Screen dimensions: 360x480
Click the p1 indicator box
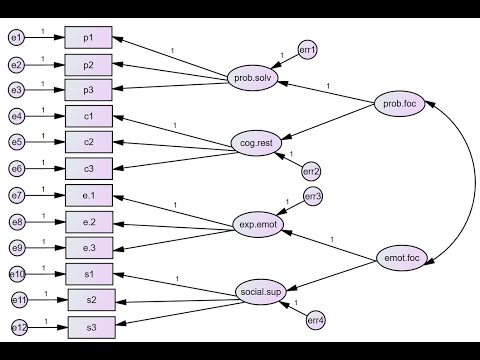[x=89, y=38]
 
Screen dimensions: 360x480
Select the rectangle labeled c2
[x=89, y=142]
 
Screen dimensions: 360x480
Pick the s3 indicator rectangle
[x=91, y=326]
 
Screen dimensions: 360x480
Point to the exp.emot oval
[x=258, y=224]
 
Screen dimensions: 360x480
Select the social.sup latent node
[x=262, y=293]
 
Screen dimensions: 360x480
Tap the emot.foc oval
[x=403, y=260]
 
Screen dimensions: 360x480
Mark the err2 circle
[x=311, y=172]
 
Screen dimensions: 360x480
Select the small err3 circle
[x=312, y=197]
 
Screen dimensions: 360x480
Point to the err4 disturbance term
[x=316, y=320]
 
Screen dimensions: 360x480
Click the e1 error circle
[x=16, y=38]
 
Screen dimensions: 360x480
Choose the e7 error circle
[x=16, y=195]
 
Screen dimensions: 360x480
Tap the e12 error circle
[x=19, y=326]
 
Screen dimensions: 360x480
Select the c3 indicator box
[x=89, y=168]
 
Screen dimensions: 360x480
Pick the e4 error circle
[x=16, y=117]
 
